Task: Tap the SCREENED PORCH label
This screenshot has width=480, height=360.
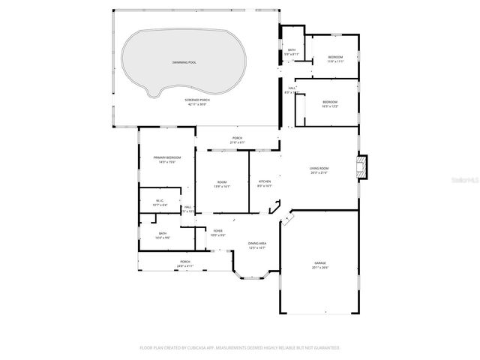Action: (x=196, y=100)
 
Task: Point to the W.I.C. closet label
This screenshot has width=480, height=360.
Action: (x=160, y=200)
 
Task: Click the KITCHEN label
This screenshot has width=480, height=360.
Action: (x=265, y=181)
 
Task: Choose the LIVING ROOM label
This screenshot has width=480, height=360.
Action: (x=319, y=168)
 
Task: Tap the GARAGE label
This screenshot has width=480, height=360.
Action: (x=320, y=262)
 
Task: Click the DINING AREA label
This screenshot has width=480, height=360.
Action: (x=258, y=244)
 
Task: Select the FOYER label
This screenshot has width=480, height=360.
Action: (x=217, y=231)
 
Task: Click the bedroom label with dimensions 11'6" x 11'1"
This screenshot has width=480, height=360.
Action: (x=335, y=58)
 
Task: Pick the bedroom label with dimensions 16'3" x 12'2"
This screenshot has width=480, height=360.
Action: (x=330, y=102)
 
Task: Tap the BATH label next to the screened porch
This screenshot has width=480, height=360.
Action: (x=292, y=50)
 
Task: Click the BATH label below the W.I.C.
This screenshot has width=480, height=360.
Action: (x=163, y=233)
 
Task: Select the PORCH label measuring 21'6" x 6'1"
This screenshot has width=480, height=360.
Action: (x=237, y=138)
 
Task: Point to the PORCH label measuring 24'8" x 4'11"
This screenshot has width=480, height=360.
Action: (x=184, y=262)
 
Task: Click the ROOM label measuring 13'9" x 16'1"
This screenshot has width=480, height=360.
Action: (x=222, y=181)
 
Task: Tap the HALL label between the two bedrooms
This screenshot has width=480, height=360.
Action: (x=292, y=88)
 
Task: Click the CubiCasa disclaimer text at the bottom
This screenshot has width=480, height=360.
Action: (x=240, y=348)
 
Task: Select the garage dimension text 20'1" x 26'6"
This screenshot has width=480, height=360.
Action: (x=320, y=267)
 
